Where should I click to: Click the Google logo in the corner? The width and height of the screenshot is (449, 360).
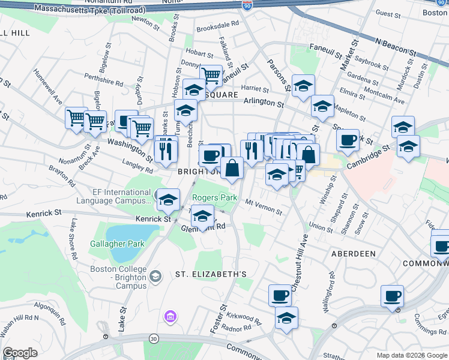[20, 353]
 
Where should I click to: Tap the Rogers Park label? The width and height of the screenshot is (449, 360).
[214, 198]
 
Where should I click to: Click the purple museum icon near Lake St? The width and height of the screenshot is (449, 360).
[170, 316]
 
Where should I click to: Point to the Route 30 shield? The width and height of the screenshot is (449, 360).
[154, 339]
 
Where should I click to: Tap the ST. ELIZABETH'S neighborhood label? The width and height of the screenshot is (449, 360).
[211, 274]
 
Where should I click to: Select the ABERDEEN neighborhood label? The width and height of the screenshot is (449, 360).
[353, 254]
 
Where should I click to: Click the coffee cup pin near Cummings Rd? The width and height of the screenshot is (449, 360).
[392, 296]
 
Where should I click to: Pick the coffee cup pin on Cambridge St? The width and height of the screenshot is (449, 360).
[348, 140]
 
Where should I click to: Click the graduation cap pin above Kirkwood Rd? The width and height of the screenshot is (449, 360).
[286, 318]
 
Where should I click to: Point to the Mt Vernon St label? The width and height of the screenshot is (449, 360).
[264, 207]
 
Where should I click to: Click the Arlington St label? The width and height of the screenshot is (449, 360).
[264, 103]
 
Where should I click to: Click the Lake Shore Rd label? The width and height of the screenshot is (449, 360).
[73, 239]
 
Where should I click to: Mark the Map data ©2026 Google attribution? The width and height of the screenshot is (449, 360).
[411, 355]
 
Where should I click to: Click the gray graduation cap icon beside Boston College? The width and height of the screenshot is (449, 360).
[156, 275]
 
